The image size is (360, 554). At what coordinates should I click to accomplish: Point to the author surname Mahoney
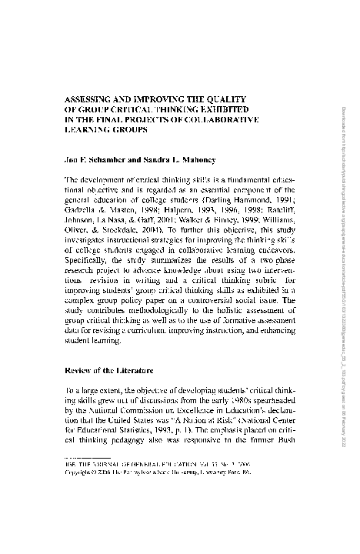198,162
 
